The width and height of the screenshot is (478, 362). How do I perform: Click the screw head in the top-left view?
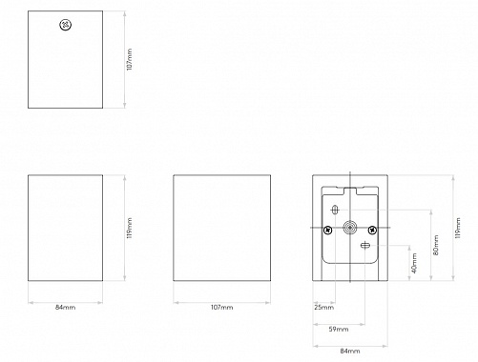pyautogui.click(x=65, y=25)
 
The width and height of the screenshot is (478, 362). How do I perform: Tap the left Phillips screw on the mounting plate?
pyautogui.click(x=328, y=230)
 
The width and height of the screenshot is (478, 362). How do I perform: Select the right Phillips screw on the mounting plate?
pyautogui.click(x=372, y=230)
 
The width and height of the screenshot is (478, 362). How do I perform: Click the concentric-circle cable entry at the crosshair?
pyautogui.click(x=350, y=228)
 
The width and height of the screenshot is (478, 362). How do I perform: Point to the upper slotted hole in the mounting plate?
pyautogui.click(x=335, y=210)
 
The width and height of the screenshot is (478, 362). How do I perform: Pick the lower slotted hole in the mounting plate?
pyautogui.click(x=364, y=245)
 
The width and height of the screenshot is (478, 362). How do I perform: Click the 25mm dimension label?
pyautogui.click(x=323, y=308)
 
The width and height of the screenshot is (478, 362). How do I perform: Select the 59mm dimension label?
pyautogui.click(x=339, y=330)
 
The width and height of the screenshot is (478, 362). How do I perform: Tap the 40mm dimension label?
pyautogui.click(x=414, y=263)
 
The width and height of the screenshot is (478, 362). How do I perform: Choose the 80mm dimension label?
pyautogui.click(x=436, y=245)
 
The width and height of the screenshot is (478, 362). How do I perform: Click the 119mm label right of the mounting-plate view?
pyautogui.click(x=458, y=228)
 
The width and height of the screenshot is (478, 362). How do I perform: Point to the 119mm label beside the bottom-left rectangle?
pyautogui.click(x=129, y=228)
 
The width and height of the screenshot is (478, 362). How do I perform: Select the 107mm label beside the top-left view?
pyautogui.click(x=129, y=59)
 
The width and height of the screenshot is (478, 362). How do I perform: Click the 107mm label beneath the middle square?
pyautogui.click(x=221, y=308)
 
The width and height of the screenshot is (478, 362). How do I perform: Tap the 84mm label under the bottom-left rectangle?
pyautogui.click(x=65, y=308)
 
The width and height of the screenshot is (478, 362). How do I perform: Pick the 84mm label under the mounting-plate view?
pyautogui.click(x=350, y=352)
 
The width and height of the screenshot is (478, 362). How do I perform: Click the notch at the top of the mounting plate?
pyautogui.click(x=350, y=191)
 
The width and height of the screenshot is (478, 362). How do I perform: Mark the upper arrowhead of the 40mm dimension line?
pyautogui.click(x=409, y=248)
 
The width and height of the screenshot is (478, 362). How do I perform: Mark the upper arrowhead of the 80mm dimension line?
pyautogui.click(x=431, y=212)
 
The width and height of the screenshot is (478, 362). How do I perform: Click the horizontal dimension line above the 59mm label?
pyautogui.click(x=339, y=324)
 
